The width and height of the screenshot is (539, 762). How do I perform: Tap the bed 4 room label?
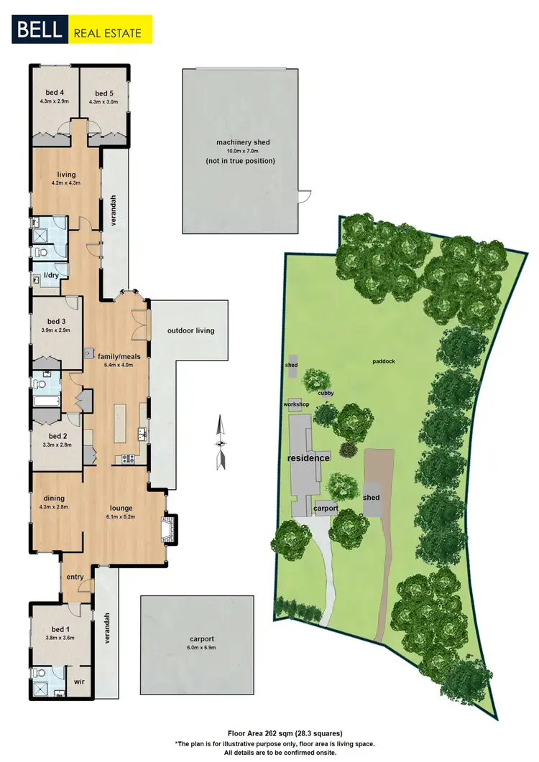(52, 93)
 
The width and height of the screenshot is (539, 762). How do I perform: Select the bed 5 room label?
(103, 93)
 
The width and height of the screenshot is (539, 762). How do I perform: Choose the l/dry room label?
(51, 275)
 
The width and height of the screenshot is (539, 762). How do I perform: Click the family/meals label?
(119, 356)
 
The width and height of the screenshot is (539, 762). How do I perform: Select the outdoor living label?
(190, 331)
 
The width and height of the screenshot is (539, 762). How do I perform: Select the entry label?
(75, 577)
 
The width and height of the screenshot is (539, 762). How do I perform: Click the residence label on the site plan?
(308, 457)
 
